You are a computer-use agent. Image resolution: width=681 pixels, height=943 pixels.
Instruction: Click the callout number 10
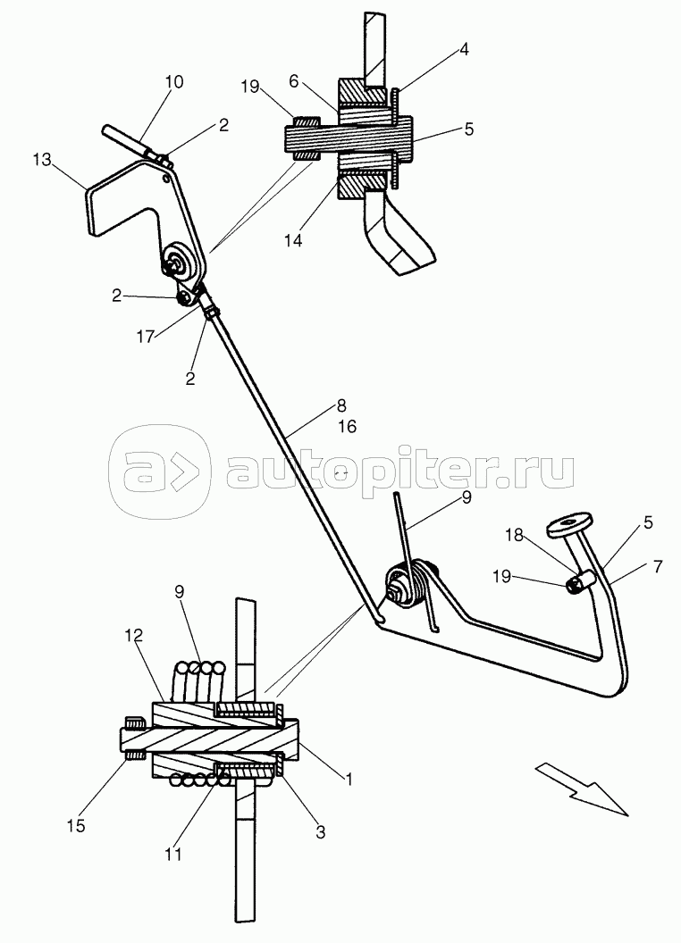pos(174,82)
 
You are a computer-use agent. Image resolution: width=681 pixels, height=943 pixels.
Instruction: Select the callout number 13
pos(41,160)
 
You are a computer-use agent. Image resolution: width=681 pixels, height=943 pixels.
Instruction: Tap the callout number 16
pos(347,428)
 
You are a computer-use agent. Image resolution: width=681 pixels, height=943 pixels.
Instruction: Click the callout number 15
pos(78,826)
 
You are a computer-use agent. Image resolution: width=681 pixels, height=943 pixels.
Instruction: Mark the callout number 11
pos(173,854)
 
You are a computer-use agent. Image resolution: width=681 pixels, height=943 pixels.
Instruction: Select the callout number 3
pos(319,831)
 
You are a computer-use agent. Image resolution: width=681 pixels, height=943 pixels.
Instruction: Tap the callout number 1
pos(349,779)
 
